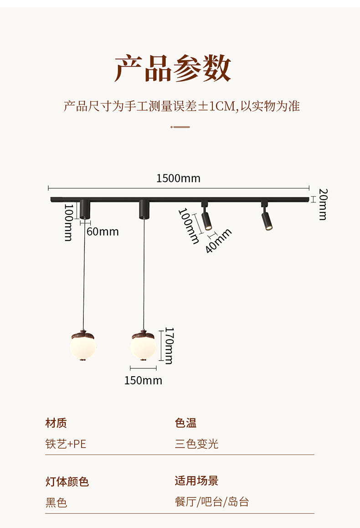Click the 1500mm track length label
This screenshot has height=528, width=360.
(x=178, y=178)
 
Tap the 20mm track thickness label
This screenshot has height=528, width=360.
(x=323, y=204)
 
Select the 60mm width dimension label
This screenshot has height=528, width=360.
(x=103, y=232)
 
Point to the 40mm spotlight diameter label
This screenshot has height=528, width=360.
(x=219, y=241)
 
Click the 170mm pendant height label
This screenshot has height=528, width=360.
(x=169, y=346)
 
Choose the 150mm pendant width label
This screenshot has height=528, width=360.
(x=143, y=380)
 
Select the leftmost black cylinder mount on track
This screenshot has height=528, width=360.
(x=84, y=208)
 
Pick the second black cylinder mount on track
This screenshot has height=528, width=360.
(x=144, y=208)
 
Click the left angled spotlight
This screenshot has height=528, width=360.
(x=206, y=218)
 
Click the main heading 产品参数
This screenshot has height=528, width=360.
(x=173, y=68)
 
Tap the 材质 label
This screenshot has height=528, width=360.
(x=56, y=423)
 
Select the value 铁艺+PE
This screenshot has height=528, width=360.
(x=66, y=444)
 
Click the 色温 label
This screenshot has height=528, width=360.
(x=185, y=423)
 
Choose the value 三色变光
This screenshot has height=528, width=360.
(x=196, y=444)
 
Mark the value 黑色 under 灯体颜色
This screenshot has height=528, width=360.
(x=56, y=502)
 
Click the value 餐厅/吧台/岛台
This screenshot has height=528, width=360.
(x=212, y=502)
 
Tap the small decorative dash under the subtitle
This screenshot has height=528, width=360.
(x=180, y=127)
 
